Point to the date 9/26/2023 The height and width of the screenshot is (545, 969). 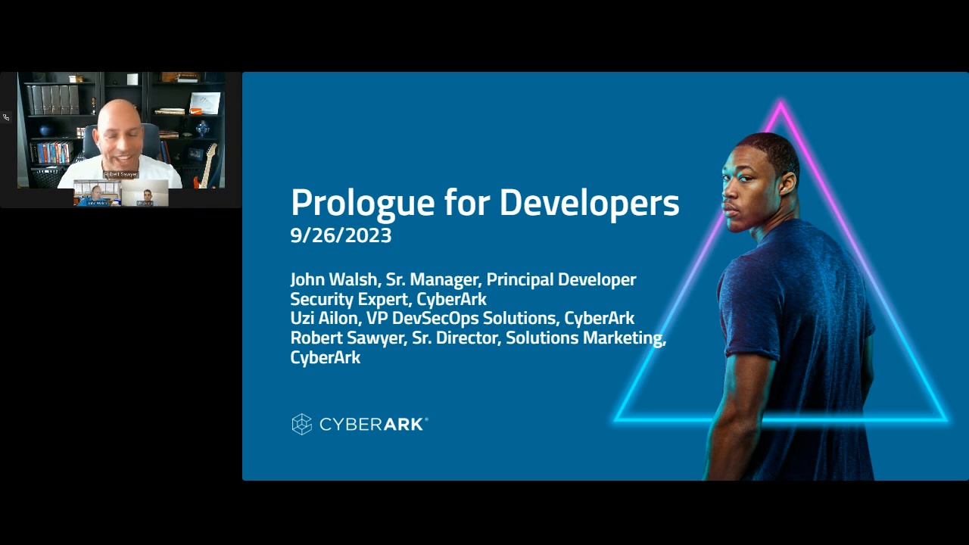point(341,235)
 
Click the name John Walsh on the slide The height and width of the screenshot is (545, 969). point(333,279)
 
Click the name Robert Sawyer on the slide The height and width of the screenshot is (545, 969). point(347,338)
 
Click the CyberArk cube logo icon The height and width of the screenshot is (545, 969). point(302,424)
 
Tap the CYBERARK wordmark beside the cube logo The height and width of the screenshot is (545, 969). point(373,425)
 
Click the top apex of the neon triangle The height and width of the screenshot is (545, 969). point(780,104)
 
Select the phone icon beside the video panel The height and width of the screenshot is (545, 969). point(6,117)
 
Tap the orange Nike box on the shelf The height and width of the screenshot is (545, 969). point(196,111)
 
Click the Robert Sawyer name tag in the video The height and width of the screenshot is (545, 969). point(121,174)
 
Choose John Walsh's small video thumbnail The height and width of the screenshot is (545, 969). point(97,195)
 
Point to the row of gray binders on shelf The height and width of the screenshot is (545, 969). point(53,99)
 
